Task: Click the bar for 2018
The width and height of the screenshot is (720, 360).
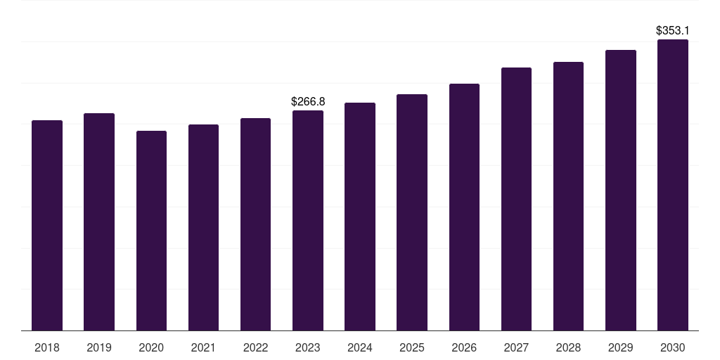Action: [x=47, y=225]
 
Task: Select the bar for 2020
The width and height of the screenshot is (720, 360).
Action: [x=151, y=231]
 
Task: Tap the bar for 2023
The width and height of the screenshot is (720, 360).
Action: [x=308, y=220]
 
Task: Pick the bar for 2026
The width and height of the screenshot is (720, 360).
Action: [x=464, y=207]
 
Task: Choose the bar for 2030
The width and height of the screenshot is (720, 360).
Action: [x=673, y=185]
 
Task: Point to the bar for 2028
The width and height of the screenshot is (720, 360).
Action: [x=568, y=196]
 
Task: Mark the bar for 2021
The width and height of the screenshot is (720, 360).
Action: [x=203, y=227]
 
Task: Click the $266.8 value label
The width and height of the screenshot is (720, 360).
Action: [x=308, y=102]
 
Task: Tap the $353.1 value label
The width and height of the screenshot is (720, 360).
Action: [x=673, y=31]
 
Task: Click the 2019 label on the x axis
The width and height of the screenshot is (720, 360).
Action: [x=99, y=347]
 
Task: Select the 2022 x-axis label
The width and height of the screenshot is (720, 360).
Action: [x=255, y=347]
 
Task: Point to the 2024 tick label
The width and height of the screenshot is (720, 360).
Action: [x=360, y=347]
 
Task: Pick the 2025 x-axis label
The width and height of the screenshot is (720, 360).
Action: [x=412, y=347]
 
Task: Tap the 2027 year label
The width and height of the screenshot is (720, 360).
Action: [x=516, y=347]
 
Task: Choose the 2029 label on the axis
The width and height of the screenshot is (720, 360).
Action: [x=620, y=347]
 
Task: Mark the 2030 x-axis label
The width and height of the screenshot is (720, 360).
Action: [x=673, y=347]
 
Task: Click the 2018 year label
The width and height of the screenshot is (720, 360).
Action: [x=47, y=347]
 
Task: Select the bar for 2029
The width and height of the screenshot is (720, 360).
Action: [x=620, y=190]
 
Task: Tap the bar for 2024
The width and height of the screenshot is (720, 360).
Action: [x=360, y=217]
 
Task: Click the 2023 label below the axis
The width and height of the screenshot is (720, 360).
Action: [x=308, y=347]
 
